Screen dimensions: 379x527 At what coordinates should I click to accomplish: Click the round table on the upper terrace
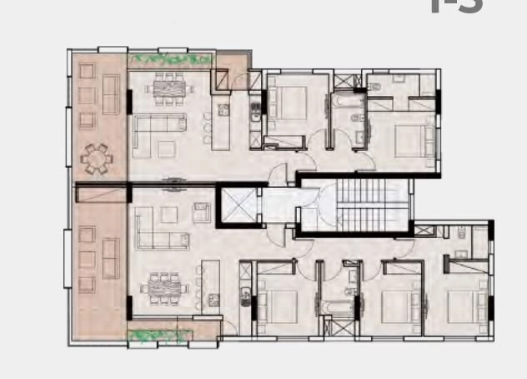coord(95,156)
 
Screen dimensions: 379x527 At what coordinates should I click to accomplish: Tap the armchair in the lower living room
coord(201,210)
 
